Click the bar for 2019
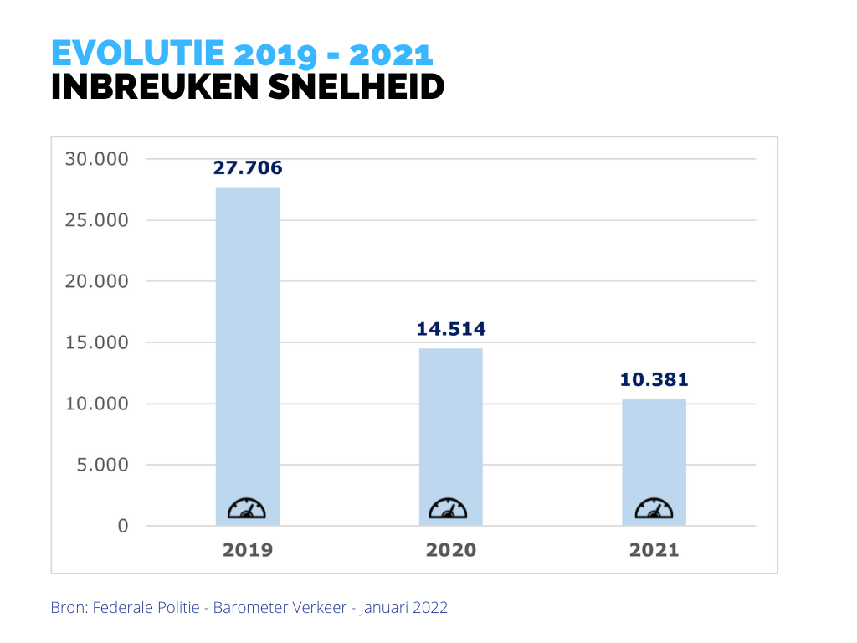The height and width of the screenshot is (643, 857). pyautogui.click(x=248, y=352)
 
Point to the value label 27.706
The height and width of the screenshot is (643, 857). pyautogui.click(x=248, y=168)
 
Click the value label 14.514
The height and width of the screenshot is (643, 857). pyautogui.click(x=451, y=329)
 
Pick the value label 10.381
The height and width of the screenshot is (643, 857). pyautogui.click(x=654, y=380)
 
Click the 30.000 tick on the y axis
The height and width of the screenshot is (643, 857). pyautogui.click(x=96, y=159)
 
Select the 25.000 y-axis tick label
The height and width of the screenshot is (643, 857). pyautogui.click(x=96, y=220)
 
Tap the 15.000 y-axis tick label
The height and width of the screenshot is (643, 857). pyautogui.click(x=96, y=342)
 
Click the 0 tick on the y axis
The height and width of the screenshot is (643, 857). pyautogui.click(x=123, y=526)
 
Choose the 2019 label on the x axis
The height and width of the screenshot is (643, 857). pyautogui.click(x=248, y=550)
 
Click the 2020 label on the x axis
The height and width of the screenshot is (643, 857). pyautogui.click(x=451, y=550)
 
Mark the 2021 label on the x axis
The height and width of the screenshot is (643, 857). pyautogui.click(x=654, y=550)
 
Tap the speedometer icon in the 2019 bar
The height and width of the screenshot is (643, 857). pyautogui.click(x=247, y=508)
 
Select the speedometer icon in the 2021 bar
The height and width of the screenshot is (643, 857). pyautogui.click(x=654, y=508)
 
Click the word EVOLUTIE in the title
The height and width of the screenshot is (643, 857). pyautogui.click(x=137, y=54)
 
